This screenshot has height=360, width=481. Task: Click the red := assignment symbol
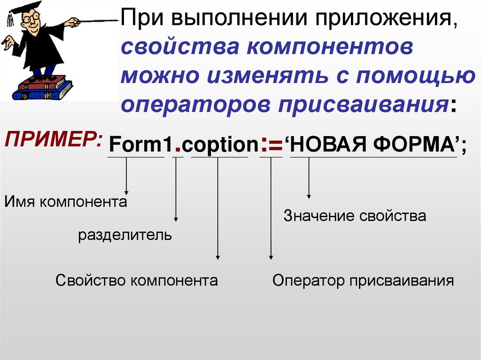271,145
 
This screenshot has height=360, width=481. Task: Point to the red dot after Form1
178,150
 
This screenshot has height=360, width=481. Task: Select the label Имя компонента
66,202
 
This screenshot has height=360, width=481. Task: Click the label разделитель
125,235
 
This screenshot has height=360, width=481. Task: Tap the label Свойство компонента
137,281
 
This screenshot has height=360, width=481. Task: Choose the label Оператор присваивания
363,281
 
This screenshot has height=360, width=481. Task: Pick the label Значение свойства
355,216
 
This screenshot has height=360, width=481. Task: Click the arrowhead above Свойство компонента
217,256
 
